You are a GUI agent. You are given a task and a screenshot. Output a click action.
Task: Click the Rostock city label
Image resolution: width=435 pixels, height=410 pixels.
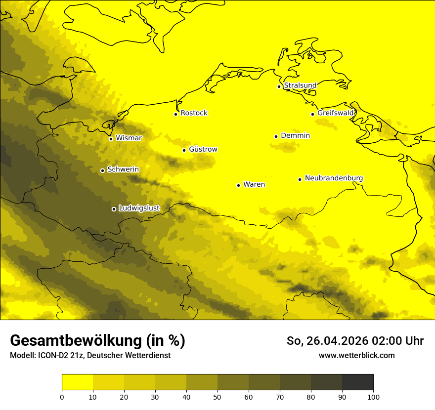pos(194,113)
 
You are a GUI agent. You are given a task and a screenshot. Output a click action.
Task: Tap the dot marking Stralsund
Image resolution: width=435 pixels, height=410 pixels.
pos(279,86)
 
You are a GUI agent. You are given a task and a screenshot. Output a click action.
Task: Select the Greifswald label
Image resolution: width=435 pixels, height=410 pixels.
pos(336,113)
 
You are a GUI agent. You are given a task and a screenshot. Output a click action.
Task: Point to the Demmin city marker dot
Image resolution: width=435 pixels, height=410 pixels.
pos(276,136)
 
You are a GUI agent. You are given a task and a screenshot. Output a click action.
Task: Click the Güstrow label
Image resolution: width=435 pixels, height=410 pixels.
pos(203,149)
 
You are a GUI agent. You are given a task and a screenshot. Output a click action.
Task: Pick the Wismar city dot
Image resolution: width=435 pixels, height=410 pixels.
pos(111,139)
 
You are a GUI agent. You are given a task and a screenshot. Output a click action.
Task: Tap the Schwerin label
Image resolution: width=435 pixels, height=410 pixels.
pos(123,169)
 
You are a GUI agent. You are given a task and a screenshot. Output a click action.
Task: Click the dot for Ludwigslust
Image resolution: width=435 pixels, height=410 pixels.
pos(114,209)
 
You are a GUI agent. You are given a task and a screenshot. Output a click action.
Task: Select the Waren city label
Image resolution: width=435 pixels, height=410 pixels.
pos(254,184)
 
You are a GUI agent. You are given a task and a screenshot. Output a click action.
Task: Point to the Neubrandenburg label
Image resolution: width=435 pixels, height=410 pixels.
pos(334,178)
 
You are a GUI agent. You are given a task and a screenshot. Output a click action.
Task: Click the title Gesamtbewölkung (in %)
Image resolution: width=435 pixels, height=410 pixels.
pos(97,341)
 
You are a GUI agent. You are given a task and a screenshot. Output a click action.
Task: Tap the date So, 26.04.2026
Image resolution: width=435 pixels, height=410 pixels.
pos(327,341)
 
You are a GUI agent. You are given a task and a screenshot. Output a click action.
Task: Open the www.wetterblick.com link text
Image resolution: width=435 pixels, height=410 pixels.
pos(356,355)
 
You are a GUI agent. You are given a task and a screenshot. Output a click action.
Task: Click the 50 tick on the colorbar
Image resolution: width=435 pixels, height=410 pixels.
pos(217,396)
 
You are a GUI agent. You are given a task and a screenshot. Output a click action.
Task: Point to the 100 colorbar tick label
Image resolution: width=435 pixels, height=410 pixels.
pos(373,396)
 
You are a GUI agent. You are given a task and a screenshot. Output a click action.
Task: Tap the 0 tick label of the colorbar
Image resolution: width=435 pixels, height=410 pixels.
pos(62,396)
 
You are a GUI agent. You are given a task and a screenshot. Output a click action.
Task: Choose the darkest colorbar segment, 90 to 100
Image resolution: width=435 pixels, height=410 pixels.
pos(357,382)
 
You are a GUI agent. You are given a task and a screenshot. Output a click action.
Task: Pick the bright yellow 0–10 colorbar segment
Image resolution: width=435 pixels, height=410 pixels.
pos(78,382)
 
